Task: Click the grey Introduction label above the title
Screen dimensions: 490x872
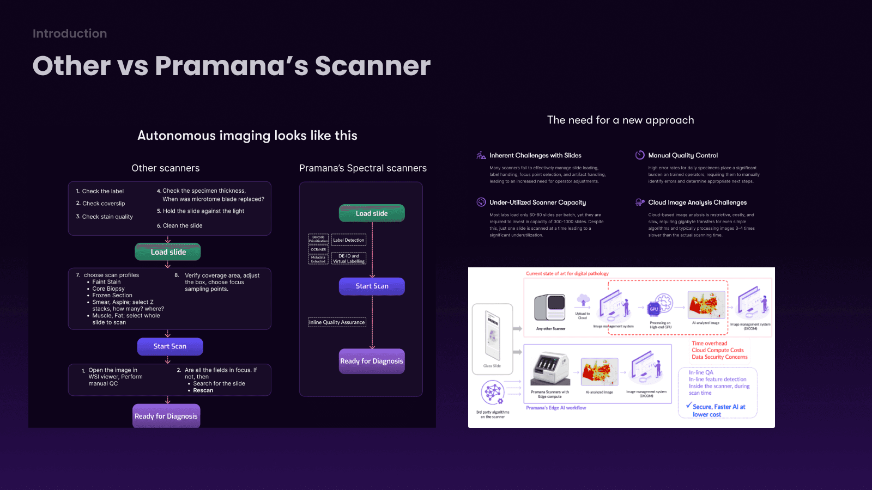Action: tap(70, 34)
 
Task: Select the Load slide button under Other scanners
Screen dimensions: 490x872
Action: tap(168, 252)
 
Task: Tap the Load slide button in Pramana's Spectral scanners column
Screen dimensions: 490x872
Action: tap(372, 213)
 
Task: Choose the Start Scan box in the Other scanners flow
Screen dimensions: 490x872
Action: tap(170, 346)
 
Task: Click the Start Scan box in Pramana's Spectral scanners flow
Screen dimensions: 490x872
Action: tap(372, 286)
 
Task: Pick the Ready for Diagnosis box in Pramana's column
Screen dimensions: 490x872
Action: tap(372, 361)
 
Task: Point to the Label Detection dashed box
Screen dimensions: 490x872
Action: tap(349, 240)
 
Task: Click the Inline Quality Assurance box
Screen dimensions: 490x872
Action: tap(337, 322)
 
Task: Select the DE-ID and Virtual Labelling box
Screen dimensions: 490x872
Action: tap(349, 259)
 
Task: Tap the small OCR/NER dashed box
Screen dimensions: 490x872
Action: tap(318, 249)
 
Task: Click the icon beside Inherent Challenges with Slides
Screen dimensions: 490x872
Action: tap(481, 156)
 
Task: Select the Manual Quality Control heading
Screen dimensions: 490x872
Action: tap(683, 156)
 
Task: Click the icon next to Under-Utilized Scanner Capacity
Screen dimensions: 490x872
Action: tap(481, 203)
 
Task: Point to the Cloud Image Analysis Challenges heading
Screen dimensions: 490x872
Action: tap(697, 203)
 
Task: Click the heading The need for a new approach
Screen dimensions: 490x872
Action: tap(620, 120)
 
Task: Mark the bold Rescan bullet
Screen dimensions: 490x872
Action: tap(203, 390)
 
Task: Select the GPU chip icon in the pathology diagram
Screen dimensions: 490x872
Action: tap(654, 309)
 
